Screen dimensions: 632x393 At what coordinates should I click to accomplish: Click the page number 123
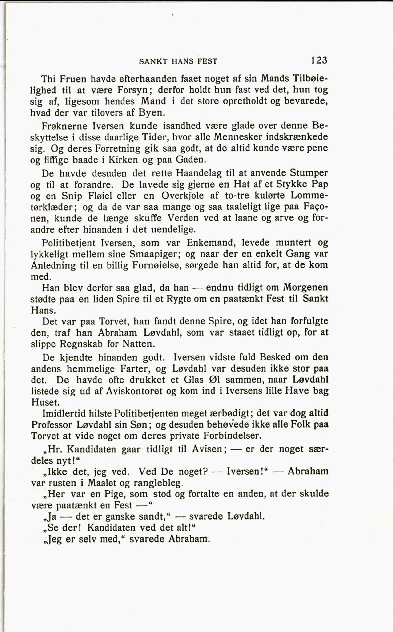(x=319, y=60)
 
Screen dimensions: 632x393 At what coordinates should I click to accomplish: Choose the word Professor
(x=52, y=425)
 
